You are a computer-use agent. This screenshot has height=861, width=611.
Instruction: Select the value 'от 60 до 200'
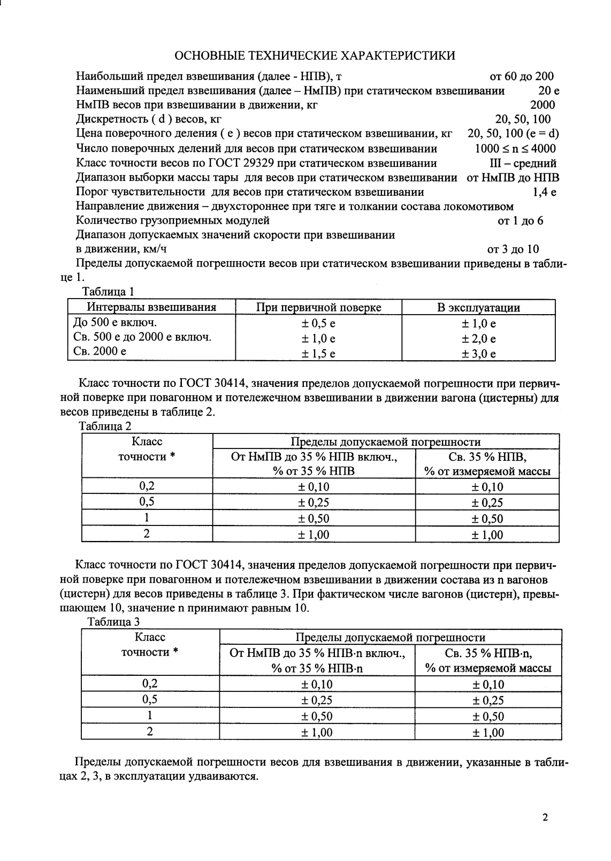pos(522,77)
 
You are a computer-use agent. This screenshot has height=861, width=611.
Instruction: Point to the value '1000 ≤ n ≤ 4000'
pos(515,149)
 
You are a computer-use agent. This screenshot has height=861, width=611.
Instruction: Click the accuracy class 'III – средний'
pos(519,163)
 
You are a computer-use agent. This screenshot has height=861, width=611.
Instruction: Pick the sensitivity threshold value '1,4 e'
pos(545,192)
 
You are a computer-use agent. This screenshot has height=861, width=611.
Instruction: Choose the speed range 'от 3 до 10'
pos(513,249)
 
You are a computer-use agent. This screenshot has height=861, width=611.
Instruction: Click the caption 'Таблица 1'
pos(106,292)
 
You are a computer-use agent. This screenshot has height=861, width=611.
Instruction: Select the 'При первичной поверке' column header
pos(318,308)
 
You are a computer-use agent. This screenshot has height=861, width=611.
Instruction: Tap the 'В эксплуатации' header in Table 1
pos(478,308)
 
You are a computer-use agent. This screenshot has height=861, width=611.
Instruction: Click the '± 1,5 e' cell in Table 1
pos(318,354)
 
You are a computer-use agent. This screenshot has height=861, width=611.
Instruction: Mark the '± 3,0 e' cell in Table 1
pos(478,354)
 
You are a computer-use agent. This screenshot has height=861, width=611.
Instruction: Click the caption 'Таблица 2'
pos(105,426)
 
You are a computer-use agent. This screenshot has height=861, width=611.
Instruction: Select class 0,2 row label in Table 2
pos(147,486)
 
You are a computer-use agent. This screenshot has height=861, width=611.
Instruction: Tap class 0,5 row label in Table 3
pos(150,699)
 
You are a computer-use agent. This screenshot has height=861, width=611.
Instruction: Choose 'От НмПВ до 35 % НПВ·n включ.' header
pos(317,653)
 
